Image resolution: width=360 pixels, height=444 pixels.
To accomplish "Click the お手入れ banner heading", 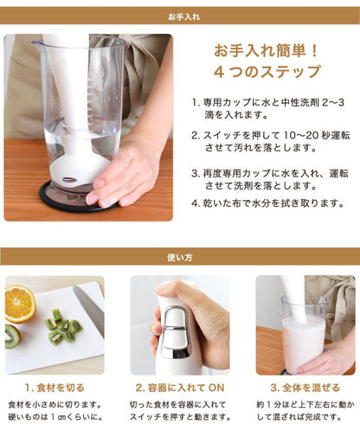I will (x=180, y=16).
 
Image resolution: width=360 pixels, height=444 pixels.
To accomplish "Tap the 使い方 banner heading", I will (x=180, y=256).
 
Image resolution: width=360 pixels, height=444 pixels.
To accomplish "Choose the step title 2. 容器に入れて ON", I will (x=179, y=389).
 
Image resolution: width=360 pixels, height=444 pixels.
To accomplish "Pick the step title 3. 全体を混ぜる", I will (x=305, y=389).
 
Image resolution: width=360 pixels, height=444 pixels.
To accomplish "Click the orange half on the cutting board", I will (x=20, y=304).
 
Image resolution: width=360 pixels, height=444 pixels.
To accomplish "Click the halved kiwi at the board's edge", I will (x=12, y=336).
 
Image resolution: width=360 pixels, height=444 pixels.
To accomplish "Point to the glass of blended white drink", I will (x=303, y=342).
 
